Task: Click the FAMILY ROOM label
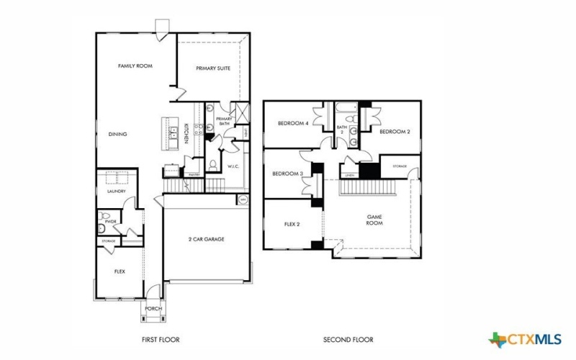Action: click(x=135, y=66)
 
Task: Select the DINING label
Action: click(x=118, y=134)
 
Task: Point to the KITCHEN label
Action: click(x=186, y=133)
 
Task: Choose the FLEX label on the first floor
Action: click(x=120, y=271)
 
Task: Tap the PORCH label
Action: click(x=153, y=309)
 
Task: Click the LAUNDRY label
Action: click(x=117, y=192)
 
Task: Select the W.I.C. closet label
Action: click(x=233, y=168)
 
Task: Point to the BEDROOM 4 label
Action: click(x=293, y=123)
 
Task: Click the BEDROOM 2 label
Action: click(x=395, y=131)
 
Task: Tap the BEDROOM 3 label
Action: click(x=287, y=174)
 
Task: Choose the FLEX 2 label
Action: click(x=292, y=224)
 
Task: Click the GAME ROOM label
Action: click(x=374, y=220)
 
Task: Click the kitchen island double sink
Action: click(x=174, y=132)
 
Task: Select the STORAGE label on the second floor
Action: click(x=400, y=166)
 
